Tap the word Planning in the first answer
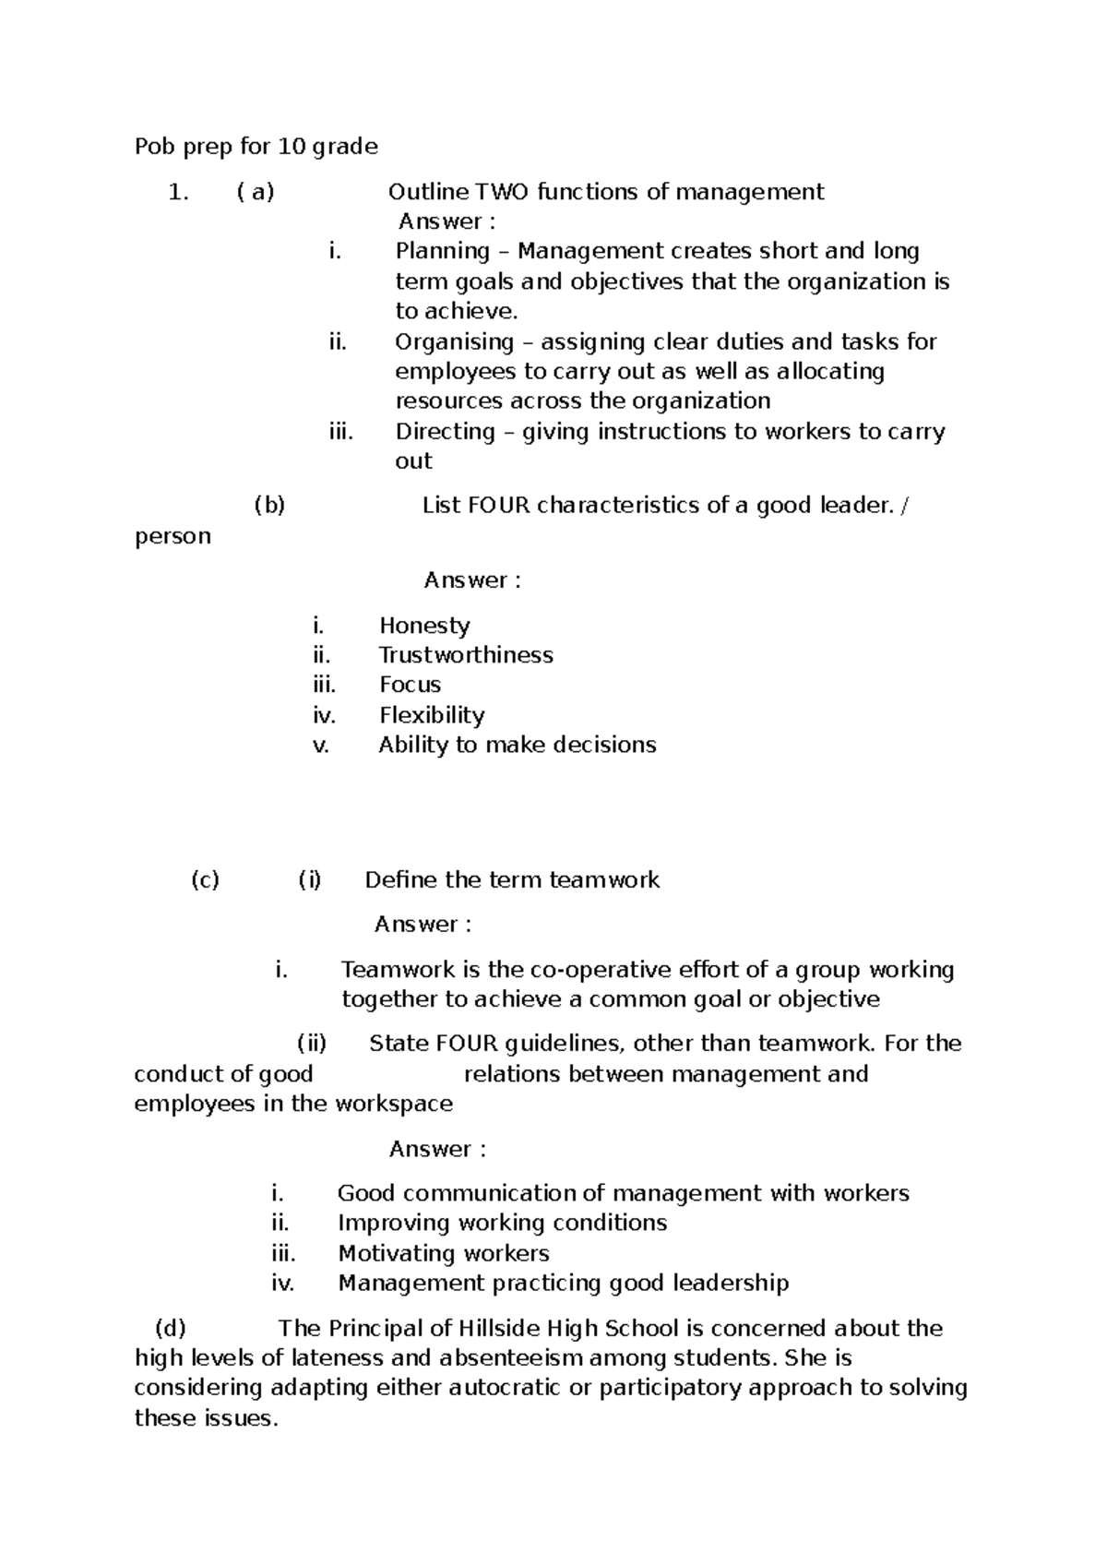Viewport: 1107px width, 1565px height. coord(443,251)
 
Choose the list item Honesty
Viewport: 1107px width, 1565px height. coord(424,626)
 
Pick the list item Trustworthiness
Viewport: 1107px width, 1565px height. coord(466,655)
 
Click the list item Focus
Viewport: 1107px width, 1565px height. coord(410,685)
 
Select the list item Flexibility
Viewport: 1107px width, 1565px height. coord(432,715)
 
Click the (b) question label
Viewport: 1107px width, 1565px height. coord(269,506)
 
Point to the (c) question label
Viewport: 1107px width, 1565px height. coord(205,880)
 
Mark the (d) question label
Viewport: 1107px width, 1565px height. coord(171,1329)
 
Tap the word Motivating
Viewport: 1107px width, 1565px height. coord(397,1254)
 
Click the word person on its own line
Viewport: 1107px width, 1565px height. coord(173,537)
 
